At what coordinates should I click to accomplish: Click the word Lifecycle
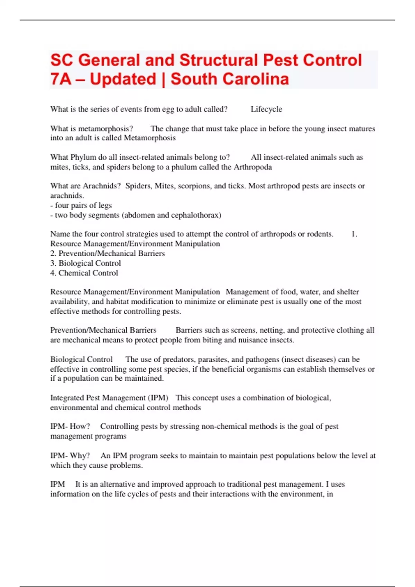(x=266, y=109)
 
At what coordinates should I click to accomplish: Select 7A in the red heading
(x=61, y=79)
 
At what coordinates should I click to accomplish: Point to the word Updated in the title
(x=123, y=79)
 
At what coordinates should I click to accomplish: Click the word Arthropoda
(x=253, y=167)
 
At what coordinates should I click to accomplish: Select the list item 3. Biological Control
(x=85, y=263)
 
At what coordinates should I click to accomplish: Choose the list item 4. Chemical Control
(x=84, y=273)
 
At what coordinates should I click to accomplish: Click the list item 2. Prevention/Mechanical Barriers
(x=107, y=253)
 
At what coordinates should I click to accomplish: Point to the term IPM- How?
(x=70, y=426)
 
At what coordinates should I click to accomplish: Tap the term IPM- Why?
(x=70, y=456)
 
